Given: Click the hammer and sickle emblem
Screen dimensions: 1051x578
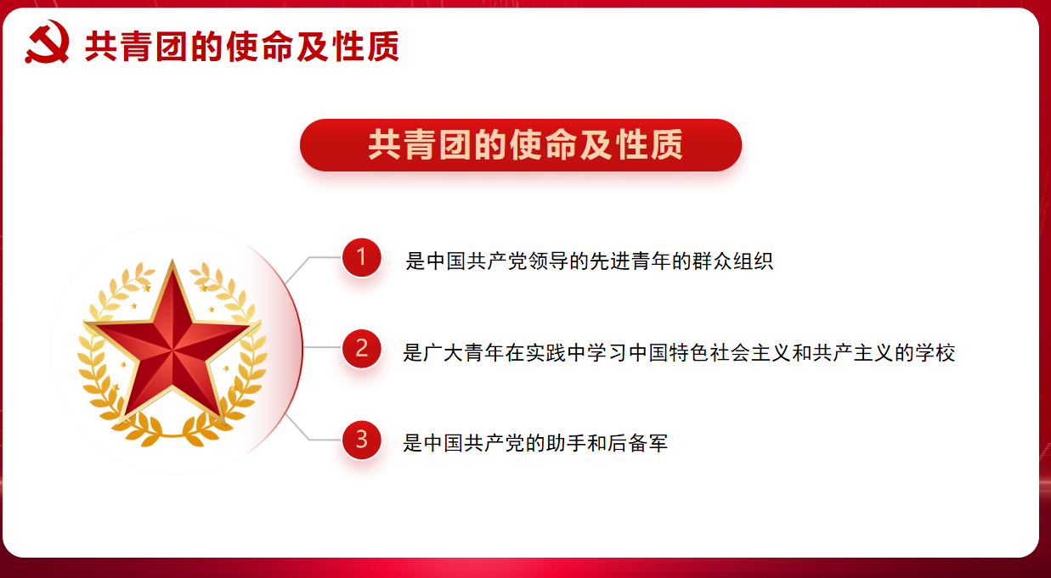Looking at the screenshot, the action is tap(47, 42).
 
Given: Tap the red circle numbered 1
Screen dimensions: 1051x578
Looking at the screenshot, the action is tap(361, 257).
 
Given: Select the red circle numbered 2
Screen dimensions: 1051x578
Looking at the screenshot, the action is tap(361, 348).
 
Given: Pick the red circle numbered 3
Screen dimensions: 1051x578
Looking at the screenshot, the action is tap(361, 440).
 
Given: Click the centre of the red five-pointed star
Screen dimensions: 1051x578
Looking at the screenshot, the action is tap(172, 349).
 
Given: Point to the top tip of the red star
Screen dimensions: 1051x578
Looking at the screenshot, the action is tap(172, 259).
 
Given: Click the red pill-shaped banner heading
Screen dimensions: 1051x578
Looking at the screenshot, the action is tap(521, 145).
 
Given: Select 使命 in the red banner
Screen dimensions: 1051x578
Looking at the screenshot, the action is tap(543, 145).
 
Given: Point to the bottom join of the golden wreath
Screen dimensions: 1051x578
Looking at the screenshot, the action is tap(172, 436).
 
